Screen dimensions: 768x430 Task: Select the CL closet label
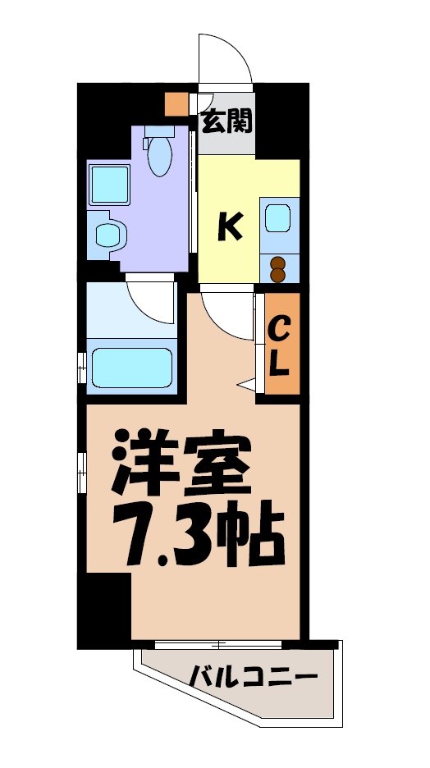279,347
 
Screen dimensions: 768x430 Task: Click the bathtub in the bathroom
131,366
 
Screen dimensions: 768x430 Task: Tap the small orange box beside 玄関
176,104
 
